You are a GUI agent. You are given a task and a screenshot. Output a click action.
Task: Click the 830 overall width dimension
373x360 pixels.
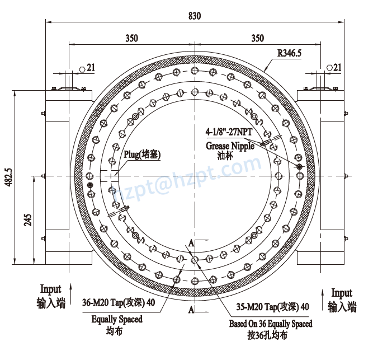click(193, 16)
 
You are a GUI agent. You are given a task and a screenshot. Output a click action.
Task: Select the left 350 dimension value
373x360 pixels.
click(131, 39)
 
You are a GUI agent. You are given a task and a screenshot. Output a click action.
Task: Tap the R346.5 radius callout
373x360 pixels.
click(290, 54)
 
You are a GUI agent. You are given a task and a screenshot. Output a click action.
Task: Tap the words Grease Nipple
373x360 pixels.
click(229, 146)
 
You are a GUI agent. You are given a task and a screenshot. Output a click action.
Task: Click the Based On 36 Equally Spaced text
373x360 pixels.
click(271, 324)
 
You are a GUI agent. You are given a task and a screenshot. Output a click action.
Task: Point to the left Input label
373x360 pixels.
click(50, 289)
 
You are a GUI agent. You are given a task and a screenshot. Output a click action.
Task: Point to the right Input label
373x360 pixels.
click(342, 293)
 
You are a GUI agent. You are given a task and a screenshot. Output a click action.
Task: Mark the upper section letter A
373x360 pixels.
click(191, 244)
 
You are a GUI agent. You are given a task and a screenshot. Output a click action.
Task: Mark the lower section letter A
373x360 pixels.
click(191, 309)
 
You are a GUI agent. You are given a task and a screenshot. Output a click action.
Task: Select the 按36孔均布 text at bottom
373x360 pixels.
click(267, 336)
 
